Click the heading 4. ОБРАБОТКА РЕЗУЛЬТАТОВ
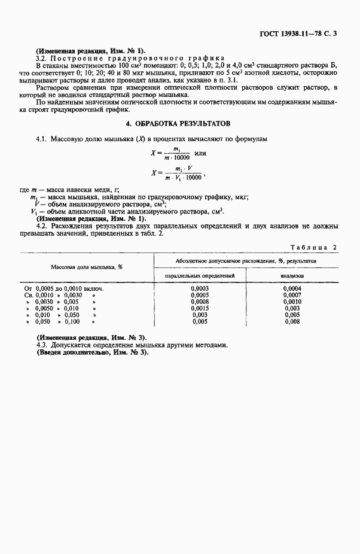coord(179,124)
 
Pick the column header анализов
coord(292,275)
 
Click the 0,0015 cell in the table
coord(200,308)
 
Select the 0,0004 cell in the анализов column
coord(292,288)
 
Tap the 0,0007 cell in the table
coord(292,295)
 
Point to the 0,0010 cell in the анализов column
coord(292,302)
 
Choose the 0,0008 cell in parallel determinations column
coord(200,302)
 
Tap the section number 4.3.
coord(43,345)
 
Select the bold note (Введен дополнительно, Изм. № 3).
coord(92,352)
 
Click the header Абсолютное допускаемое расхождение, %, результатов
coord(246,261)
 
